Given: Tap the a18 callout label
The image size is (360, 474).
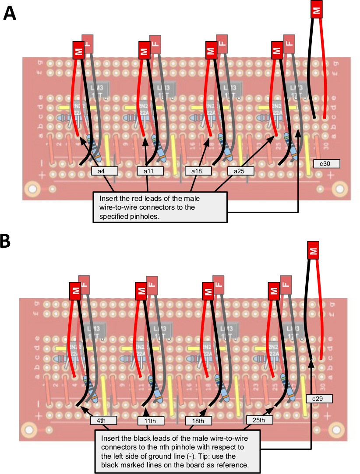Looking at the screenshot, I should tap(196, 171).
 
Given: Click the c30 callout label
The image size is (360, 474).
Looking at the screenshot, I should tap(327, 164).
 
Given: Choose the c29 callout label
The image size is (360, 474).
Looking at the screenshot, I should tap(320, 399).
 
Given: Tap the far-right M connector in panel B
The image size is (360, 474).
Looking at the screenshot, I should tap(313, 251).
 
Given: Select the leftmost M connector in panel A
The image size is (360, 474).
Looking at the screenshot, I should tap(78, 50).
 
